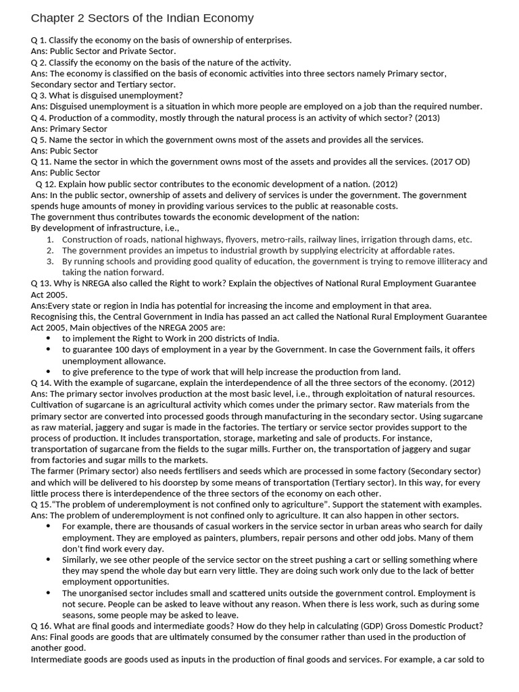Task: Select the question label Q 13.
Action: (41, 283)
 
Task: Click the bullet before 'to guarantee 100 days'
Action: (49, 349)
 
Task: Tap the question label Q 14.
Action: (41, 382)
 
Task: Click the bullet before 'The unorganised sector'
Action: (49, 593)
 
